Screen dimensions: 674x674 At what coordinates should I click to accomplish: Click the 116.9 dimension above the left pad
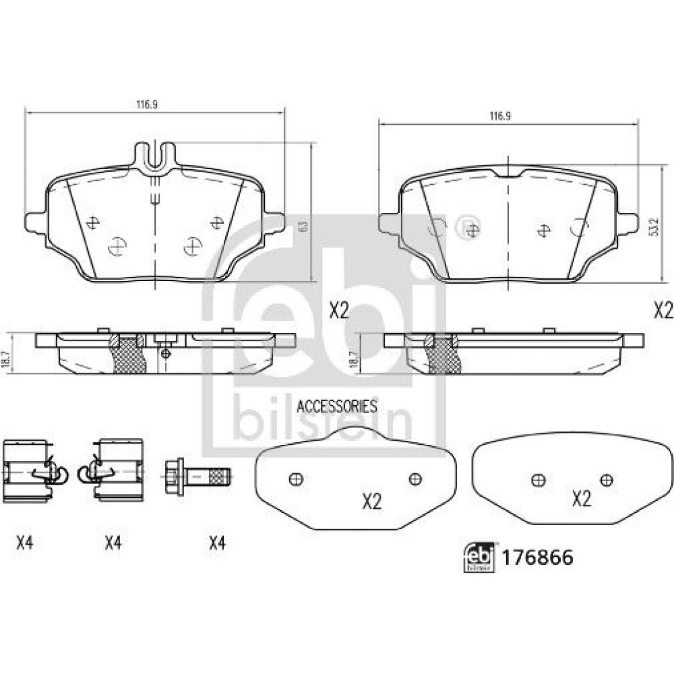pos(147,104)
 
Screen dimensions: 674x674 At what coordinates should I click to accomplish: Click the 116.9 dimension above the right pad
pos(500,116)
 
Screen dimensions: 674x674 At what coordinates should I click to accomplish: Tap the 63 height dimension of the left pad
pos(304,226)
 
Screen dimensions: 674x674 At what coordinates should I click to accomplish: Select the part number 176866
pos(538,558)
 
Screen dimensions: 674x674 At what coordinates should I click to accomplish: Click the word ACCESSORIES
pos(337,406)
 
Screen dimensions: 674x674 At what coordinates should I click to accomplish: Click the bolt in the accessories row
pos(197,477)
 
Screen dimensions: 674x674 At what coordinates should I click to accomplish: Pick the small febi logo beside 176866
pos(478,557)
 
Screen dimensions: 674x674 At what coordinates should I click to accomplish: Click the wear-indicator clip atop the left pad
pos(155,158)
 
